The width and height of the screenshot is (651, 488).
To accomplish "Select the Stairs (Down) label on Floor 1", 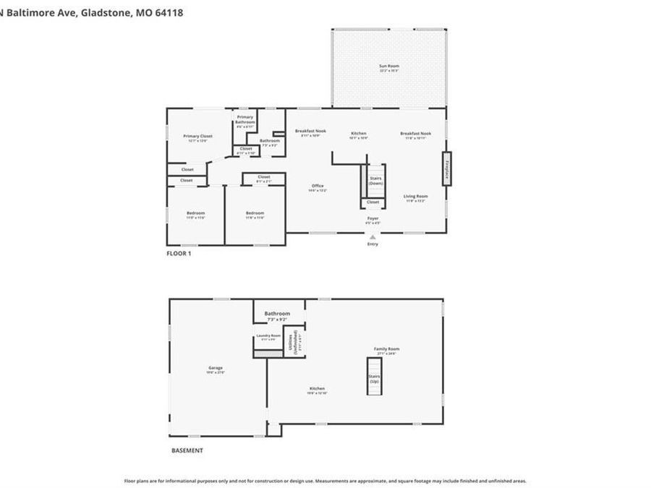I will (x=375, y=181).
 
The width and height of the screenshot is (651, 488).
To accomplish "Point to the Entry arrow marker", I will (x=373, y=236).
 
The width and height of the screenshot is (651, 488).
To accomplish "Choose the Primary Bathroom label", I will (x=244, y=119).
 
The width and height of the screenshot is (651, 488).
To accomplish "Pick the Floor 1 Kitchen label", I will (x=359, y=134).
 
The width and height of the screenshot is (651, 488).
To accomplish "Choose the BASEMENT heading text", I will (x=187, y=450).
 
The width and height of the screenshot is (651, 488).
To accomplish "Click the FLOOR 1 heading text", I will (x=179, y=253).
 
